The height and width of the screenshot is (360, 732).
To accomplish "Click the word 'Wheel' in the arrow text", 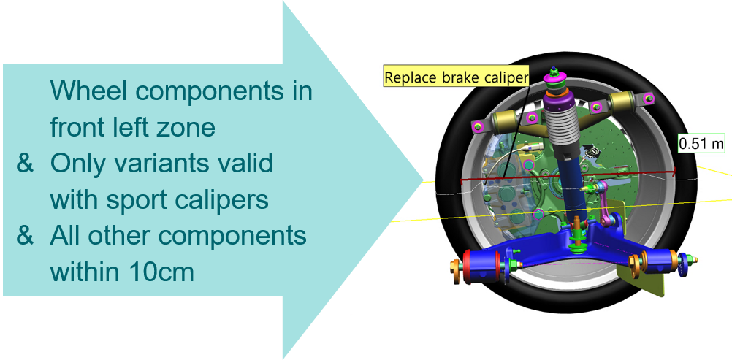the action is click(x=88, y=91).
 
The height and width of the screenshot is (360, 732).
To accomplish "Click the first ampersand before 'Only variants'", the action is click(x=25, y=164).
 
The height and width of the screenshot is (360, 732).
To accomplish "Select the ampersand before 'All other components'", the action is click(x=25, y=236).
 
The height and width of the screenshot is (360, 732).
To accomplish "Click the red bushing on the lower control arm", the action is click(x=468, y=267).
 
